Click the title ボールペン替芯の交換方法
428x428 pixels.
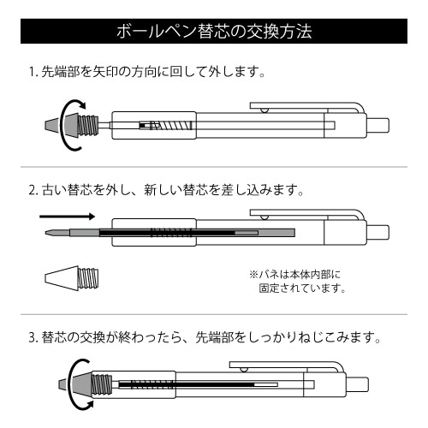(x=214, y=31)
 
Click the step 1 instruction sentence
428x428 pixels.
(x=147, y=72)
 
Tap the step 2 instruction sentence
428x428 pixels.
(x=166, y=190)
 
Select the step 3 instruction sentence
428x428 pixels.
(x=205, y=337)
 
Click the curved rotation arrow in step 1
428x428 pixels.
(x=63, y=126)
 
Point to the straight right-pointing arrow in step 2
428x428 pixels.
(x=67, y=217)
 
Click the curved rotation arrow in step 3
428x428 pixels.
(x=71, y=385)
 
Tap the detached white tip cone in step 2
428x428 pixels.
(x=71, y=278)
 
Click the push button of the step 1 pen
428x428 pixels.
(x=377, y=125)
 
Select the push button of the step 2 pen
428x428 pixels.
(x=377, y=232)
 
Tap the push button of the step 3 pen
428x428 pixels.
(x=357, y=384)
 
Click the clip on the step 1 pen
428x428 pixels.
(x=307, y=108)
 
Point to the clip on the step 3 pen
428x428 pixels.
(x=287, y=367)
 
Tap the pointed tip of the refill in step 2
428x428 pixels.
(x=45, y=233)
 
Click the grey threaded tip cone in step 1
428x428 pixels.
(x=71, y=125)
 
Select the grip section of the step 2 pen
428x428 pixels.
(x=154, y=233)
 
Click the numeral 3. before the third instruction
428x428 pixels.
(x=33, y=338)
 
